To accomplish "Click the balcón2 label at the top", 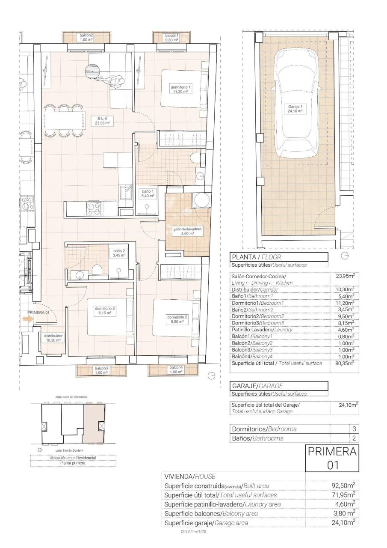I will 86,37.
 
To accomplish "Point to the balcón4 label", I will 176,370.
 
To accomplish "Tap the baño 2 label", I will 119,253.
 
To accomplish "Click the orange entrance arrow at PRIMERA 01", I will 30,319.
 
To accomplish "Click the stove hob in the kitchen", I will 93,208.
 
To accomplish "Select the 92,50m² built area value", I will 344,486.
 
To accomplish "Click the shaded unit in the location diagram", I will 94,423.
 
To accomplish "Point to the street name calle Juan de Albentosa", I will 71,397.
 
